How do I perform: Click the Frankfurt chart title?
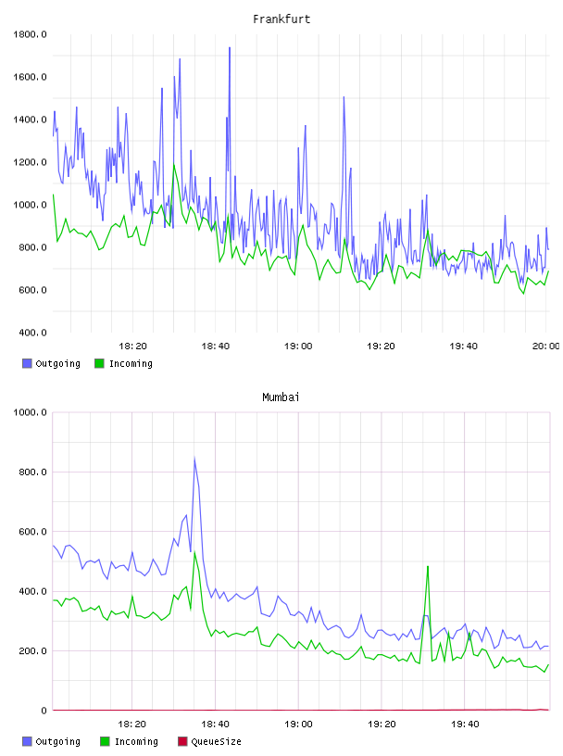(281, 19)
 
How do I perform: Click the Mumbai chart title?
(281, 397)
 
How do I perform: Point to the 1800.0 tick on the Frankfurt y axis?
(30, 34)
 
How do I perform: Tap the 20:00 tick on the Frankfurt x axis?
(545, 346)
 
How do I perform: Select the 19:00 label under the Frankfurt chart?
(298, 346)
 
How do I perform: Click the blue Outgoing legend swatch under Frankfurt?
(27, 363)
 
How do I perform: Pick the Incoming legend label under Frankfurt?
(131, 363)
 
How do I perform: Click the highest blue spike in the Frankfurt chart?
(230, 48)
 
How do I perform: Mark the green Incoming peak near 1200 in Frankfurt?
(174, 165)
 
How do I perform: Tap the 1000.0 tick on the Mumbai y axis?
(30, 412)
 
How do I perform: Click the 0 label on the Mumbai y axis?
(44, 711)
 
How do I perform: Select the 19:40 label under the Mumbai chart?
(465, 724)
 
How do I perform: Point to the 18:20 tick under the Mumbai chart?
(132, 724)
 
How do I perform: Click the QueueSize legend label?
(216, 741)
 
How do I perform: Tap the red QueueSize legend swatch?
(182, 741)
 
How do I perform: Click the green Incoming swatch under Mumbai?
(105, 741)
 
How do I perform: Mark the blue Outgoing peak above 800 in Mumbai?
(194, 459)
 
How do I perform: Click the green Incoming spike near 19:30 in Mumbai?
(428, 567)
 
